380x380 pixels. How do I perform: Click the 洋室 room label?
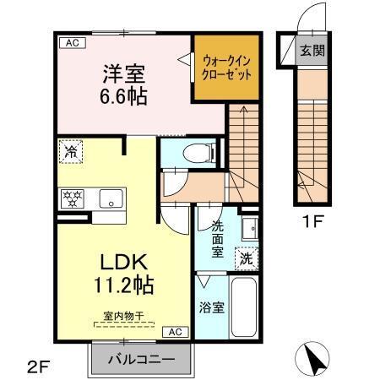click(125, 73)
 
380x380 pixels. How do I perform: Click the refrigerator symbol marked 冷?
click(70, 154)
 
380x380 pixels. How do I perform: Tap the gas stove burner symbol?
click(70, 199)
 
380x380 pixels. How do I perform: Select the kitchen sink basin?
click(110, 199)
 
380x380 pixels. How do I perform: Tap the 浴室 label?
click(212, 307)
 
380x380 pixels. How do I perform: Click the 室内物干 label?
click(124, 316)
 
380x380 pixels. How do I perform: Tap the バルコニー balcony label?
click(141, 360)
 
